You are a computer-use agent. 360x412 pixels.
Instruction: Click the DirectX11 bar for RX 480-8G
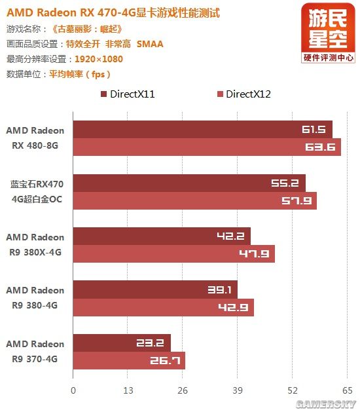click(x=202, y=130)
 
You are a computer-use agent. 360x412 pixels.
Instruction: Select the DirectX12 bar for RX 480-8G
click(x=207, y=147)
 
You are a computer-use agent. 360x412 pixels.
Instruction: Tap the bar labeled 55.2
click(x=189, y=183)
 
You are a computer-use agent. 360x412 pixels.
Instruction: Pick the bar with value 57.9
click(x=194, y=200)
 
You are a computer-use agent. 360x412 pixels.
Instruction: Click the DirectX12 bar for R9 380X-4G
click(x=173, y=253)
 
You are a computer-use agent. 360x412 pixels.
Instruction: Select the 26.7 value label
click(x=168, y=360)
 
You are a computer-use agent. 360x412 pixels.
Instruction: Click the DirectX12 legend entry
click(x=243, y=94)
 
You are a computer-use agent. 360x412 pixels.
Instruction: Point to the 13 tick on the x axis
click(x=128, y=391)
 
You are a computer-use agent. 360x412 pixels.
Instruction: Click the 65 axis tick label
click(x=348, y=391)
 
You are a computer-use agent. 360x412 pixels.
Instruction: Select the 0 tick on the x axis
click(x=73, y=391)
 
